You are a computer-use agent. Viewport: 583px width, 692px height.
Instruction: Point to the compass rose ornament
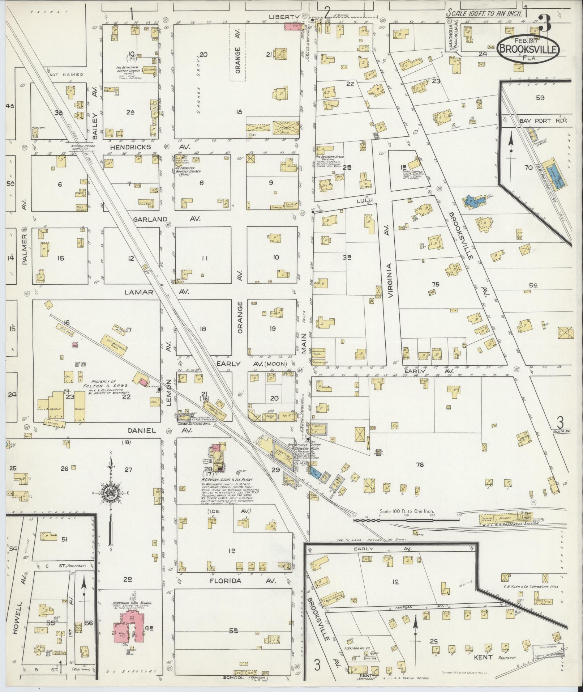click(111, 493)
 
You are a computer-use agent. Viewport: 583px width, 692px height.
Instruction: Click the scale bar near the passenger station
click(407, 520)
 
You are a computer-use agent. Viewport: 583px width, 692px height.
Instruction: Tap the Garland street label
click(150, 219)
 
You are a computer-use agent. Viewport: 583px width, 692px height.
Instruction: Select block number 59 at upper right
click(540, 98)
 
